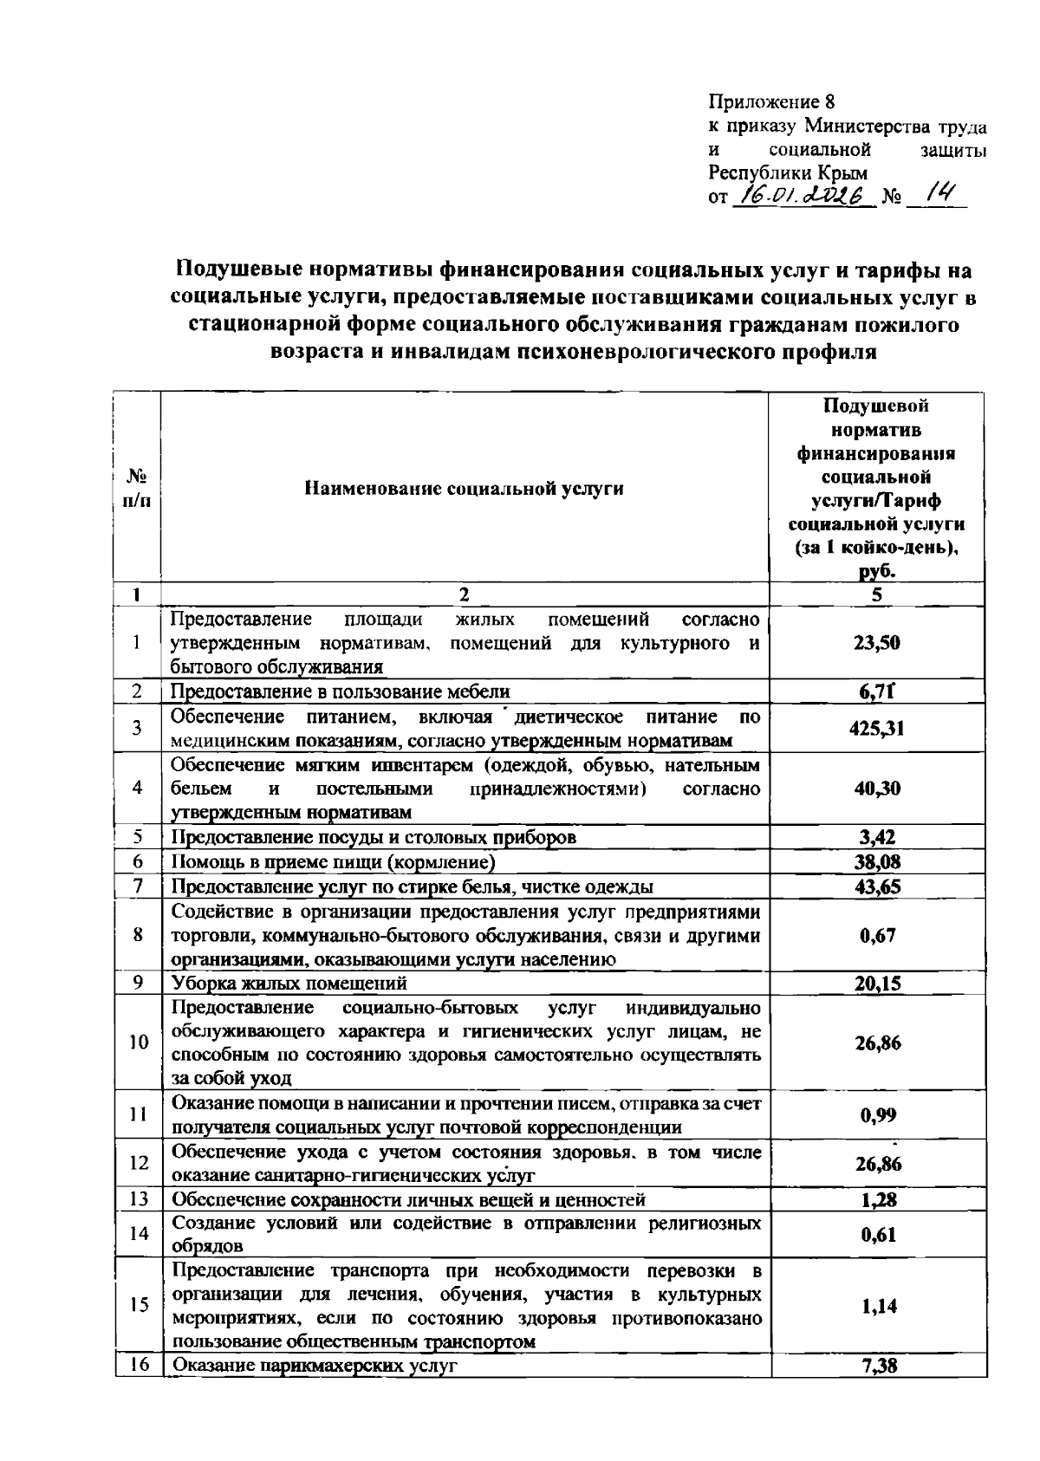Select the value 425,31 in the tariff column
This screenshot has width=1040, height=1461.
[877, 729]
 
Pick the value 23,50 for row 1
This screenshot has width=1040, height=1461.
[877, 643]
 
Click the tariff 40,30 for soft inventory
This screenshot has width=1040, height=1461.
[877, 789]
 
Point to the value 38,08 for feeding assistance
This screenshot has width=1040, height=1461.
[877, 862]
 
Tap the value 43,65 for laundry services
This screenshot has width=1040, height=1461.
[877, 886]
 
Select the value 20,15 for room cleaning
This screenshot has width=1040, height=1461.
[877, 984]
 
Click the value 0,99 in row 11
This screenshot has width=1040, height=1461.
[877, 1115]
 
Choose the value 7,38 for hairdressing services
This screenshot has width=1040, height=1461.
[877, 1367]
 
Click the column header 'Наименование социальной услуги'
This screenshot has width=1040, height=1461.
[464, 489]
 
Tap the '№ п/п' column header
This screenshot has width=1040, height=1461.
[137, 489]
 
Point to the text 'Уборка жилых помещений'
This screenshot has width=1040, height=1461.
[289, 984]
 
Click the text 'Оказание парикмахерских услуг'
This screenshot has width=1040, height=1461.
[315, 1367]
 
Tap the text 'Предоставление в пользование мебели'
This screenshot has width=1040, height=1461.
[340, 692]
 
